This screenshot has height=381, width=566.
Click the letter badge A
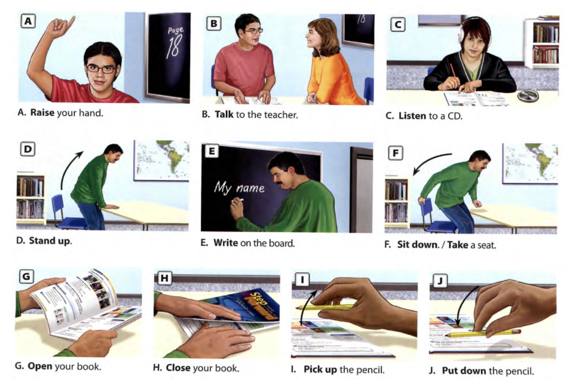(28, 21)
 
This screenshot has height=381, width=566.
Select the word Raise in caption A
(42, 112)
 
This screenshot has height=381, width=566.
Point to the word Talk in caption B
(224, 115)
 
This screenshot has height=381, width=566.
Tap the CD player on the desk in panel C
(528, 96)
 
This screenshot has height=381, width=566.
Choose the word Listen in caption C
(412, 116)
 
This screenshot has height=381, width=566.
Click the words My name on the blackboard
(239, 188)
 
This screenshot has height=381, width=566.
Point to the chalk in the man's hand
(240, 200)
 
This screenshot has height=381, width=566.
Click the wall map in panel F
(530, 164)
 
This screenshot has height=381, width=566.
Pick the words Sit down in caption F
(418, 245)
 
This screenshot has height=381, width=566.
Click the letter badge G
(26, 276)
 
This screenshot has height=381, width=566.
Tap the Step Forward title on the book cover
(262, 305)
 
